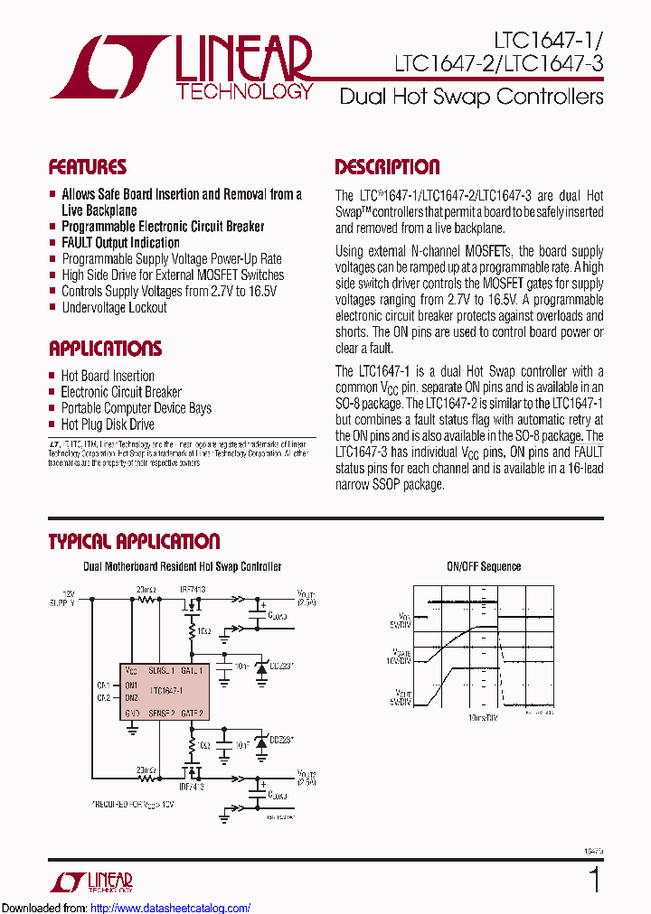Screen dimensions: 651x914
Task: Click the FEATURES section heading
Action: [x=87, y=167]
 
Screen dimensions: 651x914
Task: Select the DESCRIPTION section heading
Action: [x=387, y=167]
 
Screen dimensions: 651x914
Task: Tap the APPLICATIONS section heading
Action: [x=105, y=349]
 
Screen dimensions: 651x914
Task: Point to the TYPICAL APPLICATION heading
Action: [x=134, y=542]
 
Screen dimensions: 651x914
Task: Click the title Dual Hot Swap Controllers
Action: [x=471, y=97]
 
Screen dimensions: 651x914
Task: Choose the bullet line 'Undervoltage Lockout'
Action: [x=114, y=308]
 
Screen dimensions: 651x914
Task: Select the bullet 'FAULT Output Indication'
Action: [x=120, y=243]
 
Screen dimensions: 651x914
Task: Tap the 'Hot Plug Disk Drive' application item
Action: [x=107, y=424]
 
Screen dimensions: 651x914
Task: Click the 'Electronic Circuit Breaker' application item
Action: [x=120, y=392]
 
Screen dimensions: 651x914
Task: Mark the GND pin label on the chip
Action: [x=131, y=713]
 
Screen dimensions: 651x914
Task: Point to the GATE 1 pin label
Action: [x=193, y=671]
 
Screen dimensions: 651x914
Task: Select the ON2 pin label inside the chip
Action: [x=131, y=697]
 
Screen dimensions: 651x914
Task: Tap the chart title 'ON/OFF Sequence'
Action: [x=484, y=566]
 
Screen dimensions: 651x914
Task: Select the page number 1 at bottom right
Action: [x=593, y=879]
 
